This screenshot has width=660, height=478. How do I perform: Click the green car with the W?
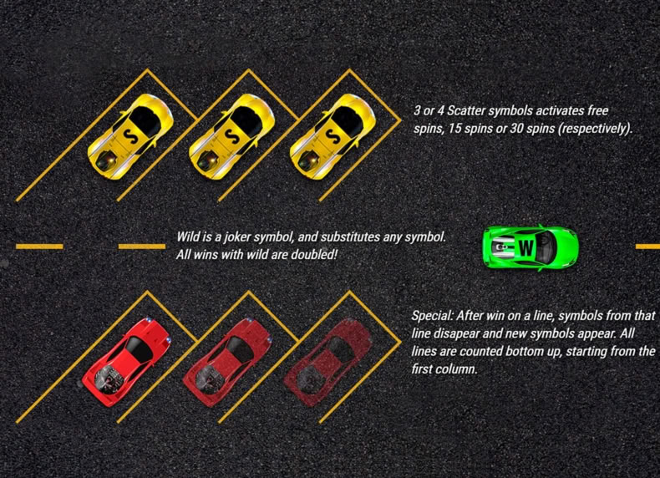[531, 247]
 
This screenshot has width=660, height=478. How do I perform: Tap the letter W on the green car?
[526, 247]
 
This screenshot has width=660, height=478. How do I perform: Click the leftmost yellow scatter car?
[130, 136]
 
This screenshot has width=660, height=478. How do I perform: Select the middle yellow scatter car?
[231, 136]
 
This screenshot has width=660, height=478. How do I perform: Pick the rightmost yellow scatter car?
[333, 136]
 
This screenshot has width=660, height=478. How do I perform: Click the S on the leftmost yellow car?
[127, 136]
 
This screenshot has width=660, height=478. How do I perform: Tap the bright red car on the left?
[126, 362]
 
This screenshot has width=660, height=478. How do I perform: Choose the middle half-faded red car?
[227, 362]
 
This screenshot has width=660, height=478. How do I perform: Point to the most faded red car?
[328, 362]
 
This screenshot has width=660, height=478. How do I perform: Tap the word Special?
[433, 316]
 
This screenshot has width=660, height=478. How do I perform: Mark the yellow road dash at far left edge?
[39, 247]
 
